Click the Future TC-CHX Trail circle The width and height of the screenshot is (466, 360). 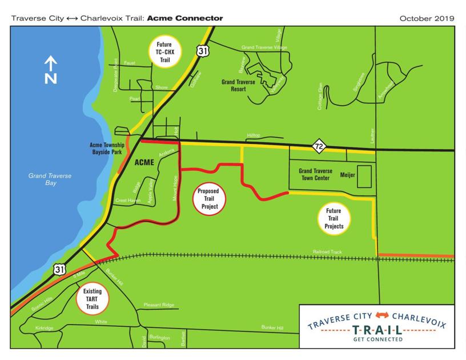point(164,51)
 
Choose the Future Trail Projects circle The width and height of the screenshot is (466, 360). point(334,218)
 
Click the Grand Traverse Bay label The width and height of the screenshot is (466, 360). point(50,179)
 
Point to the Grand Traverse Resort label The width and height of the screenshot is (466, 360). point(234,86)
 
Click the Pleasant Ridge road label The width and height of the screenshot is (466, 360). point(159,305)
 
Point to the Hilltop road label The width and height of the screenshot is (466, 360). point(253,135)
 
